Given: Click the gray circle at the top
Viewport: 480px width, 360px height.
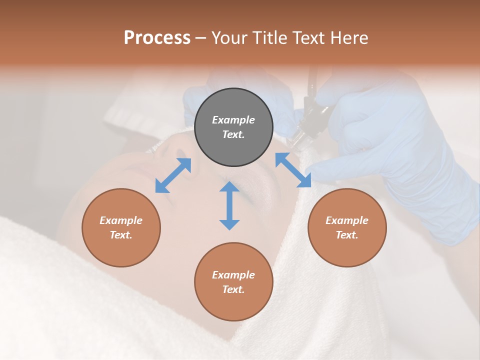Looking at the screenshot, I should pyautogui.click(x=233, y=127).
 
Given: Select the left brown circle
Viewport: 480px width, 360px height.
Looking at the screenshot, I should pyautogui.click(x=121, y=227).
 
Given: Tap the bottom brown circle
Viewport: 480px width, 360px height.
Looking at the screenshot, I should pyautogui.click(x=233, y=281).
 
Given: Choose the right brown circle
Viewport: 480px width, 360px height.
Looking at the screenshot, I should pyautogui.click(x=346, y=227).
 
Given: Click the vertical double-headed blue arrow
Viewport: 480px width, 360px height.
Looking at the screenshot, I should pyautogui.click(x=229, y=205).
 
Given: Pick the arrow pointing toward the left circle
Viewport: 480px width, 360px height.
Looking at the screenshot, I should pyautogui.click(x=173, y=175).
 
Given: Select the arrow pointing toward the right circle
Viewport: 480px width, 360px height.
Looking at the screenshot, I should pyautogui.click(x=293, y=170).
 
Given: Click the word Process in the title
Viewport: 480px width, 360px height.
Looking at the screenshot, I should pyautogui.click(x=157, y=38).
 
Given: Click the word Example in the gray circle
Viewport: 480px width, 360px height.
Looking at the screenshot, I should pyautogui.click(x=233, y=120).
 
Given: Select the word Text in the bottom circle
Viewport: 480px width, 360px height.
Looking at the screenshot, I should pyautogui.click(x=233, y=289).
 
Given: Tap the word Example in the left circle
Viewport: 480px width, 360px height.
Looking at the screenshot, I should pyautogui.click(x=121, y=220).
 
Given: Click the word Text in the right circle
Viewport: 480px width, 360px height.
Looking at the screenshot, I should pyautogui.click(x=346, y=235).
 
